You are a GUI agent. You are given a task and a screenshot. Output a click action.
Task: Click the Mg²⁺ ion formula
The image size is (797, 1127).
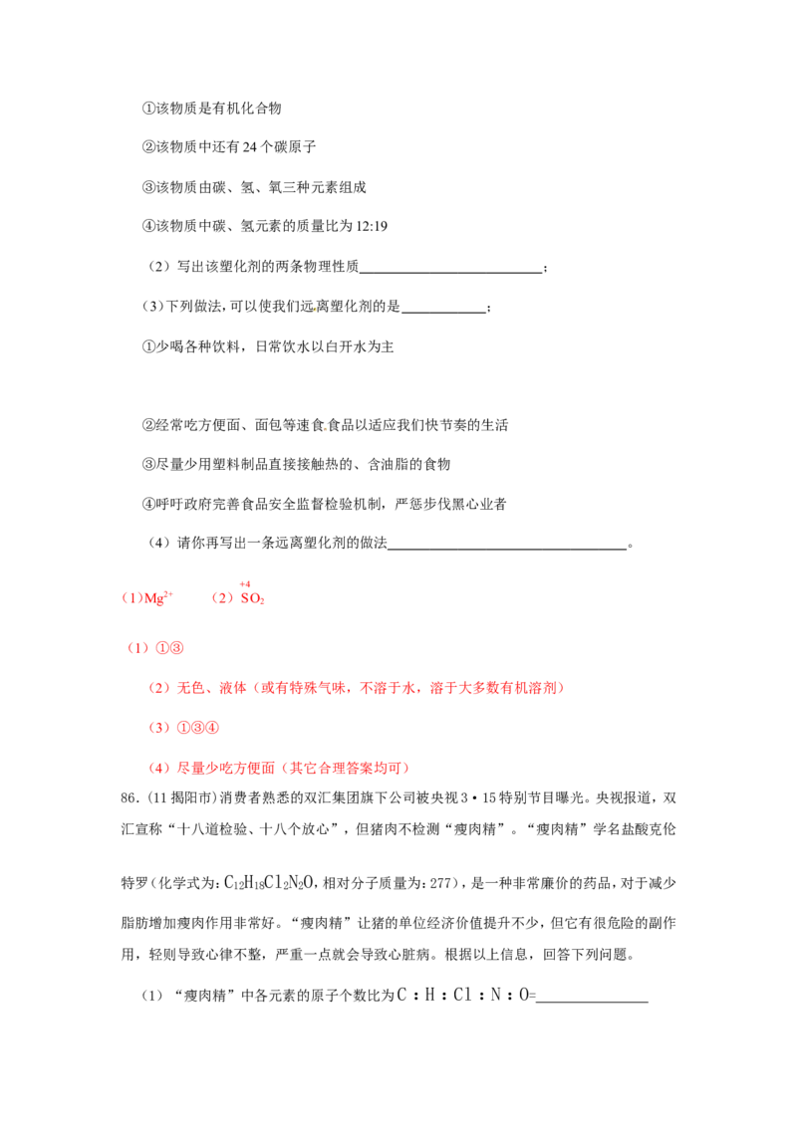click(156, 598)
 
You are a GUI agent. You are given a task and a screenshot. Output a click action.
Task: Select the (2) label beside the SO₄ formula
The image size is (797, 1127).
click(222, 598)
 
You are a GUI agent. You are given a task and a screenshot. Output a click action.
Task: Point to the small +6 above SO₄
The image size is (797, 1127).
click(246, 583)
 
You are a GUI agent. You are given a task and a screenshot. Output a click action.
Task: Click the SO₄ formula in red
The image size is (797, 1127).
click(253, 598)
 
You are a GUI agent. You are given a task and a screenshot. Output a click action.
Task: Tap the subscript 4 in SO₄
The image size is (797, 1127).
click(263, 601)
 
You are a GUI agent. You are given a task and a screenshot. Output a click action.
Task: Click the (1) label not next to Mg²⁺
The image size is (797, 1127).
click(138, 648)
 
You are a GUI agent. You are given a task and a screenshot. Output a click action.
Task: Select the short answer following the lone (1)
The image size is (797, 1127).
click(171, 648)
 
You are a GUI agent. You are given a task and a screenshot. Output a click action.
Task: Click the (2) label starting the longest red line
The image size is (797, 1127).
click(158, 688)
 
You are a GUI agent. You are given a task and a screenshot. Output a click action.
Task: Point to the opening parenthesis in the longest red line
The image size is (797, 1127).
click(257, 688)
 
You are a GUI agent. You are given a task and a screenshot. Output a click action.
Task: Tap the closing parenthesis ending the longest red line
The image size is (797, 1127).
click(561, 688)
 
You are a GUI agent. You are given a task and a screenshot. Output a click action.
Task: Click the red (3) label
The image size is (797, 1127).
click(158, 728)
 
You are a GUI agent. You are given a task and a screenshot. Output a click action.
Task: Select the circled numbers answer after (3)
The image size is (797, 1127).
click(197, 728)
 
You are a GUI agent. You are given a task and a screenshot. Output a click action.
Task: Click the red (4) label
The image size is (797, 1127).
click(158, 768)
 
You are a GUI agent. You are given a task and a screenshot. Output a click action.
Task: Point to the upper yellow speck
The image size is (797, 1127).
click(315, 310)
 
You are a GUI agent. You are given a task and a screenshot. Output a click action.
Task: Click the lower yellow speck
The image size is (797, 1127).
click(324, 429)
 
